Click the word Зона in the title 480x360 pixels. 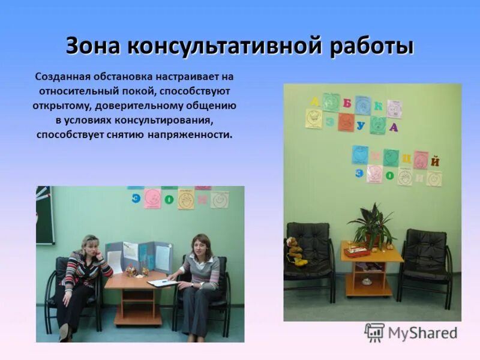(91, 47)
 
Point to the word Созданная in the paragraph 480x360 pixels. (62, 77)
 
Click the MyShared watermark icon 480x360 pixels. (374, 332)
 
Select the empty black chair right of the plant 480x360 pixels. (425, 258)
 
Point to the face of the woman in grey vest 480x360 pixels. (200, 245)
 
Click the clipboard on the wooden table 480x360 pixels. (161, 283)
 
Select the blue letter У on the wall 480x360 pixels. (361, 127)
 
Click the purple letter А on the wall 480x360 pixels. (394, 127)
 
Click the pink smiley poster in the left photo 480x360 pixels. (152, 198)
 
